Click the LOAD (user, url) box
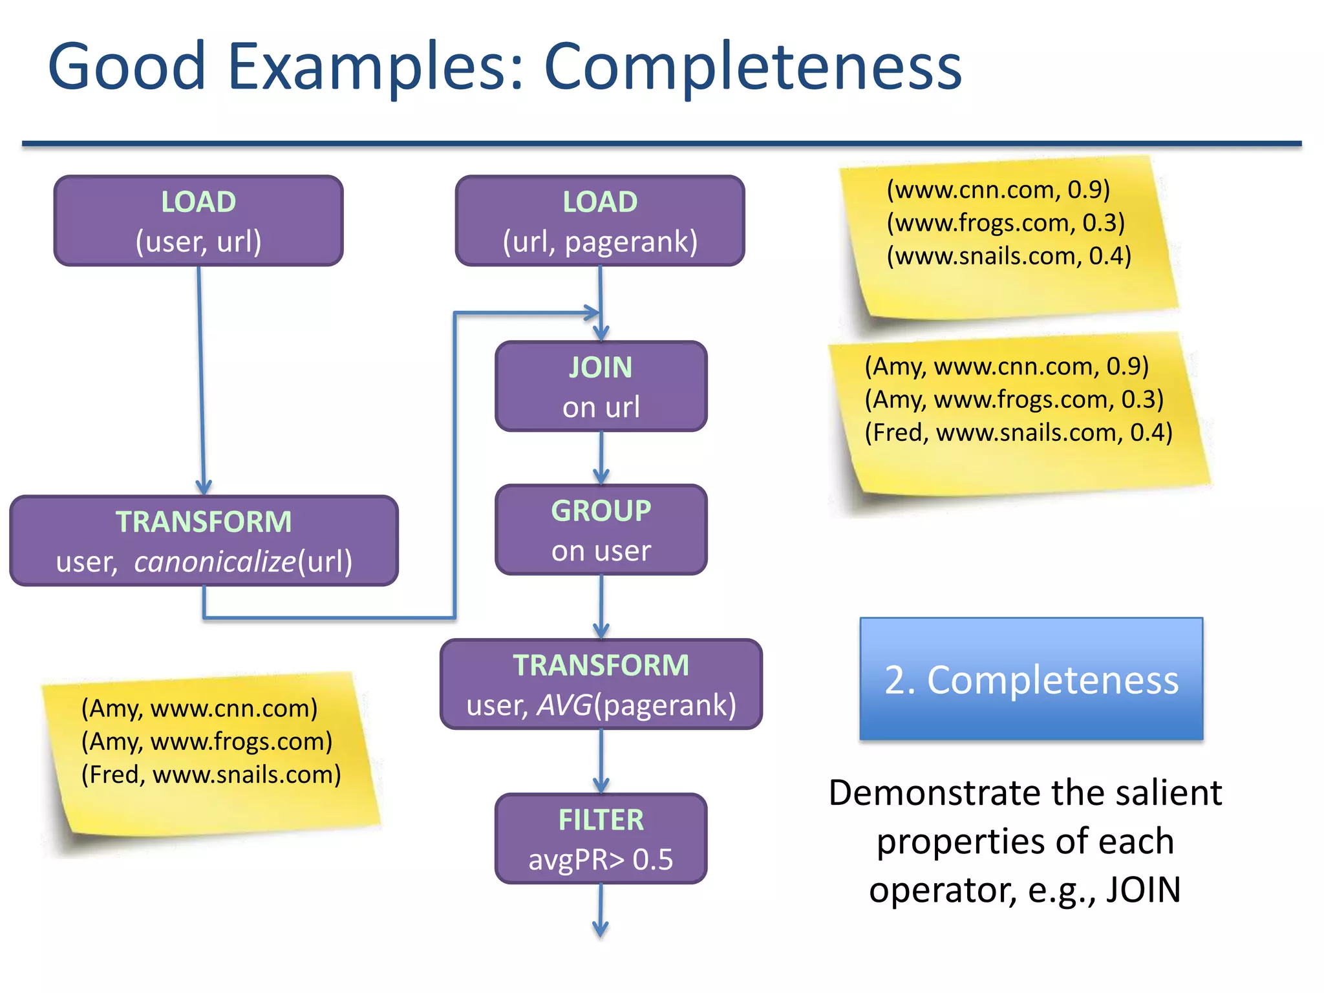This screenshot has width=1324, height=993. click(x=198, y=220)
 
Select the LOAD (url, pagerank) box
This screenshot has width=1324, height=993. click(x=600, y=220)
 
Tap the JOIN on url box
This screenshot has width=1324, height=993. click(x=601, y=386)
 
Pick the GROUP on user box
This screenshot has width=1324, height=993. click(x=601, y=529)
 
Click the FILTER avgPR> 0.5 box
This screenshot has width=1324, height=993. click(x=601, y=838)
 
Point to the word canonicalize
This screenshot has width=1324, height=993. click(x=215, y=561)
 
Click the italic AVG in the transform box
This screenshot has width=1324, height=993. click(x=564, y=705)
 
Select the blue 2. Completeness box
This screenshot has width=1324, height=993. click(x=1031, y=679)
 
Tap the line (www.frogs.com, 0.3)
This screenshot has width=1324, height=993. click(x=1005, y=222)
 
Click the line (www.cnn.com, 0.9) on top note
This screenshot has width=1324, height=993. click(x=998, y=189)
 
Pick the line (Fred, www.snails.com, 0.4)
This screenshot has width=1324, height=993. click(x=1018, y=432)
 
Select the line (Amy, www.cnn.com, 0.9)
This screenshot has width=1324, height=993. click(x=1007, y=366)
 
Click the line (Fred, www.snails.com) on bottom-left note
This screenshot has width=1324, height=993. click(x=211, y=774)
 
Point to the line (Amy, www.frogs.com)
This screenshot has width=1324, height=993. click(x=206, y=741)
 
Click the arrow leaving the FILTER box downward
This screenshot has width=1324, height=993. click(x=601, y=912)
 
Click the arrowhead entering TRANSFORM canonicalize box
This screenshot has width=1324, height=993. click(x=204, y=487)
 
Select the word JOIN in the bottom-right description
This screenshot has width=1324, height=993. click(x=1142, y=889)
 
